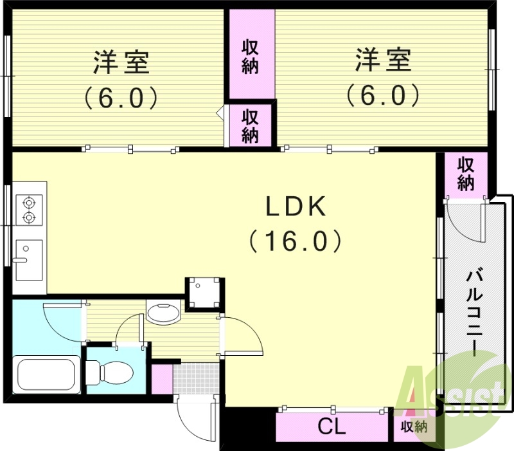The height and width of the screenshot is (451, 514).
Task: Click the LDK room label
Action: [296, 207]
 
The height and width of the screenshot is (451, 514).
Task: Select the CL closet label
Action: [332, 427]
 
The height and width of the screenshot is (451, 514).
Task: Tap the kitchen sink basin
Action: [28, 259]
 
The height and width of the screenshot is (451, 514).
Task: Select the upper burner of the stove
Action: [28, 202]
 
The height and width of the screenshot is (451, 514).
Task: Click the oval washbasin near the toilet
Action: [165, 314]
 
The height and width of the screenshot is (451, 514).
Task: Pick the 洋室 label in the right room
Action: [383, 63]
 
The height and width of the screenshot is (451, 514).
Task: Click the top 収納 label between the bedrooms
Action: [250, 57]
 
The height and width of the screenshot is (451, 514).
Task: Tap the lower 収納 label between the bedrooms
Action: [250, 126]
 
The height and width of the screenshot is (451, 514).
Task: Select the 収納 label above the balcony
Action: [466, 174]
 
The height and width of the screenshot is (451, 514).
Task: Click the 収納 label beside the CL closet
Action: [414, 427]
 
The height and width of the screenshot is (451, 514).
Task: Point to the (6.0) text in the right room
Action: [383, 97]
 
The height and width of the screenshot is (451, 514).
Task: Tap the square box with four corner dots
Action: [204, 294]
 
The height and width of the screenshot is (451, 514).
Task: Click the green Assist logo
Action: [452, 396]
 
